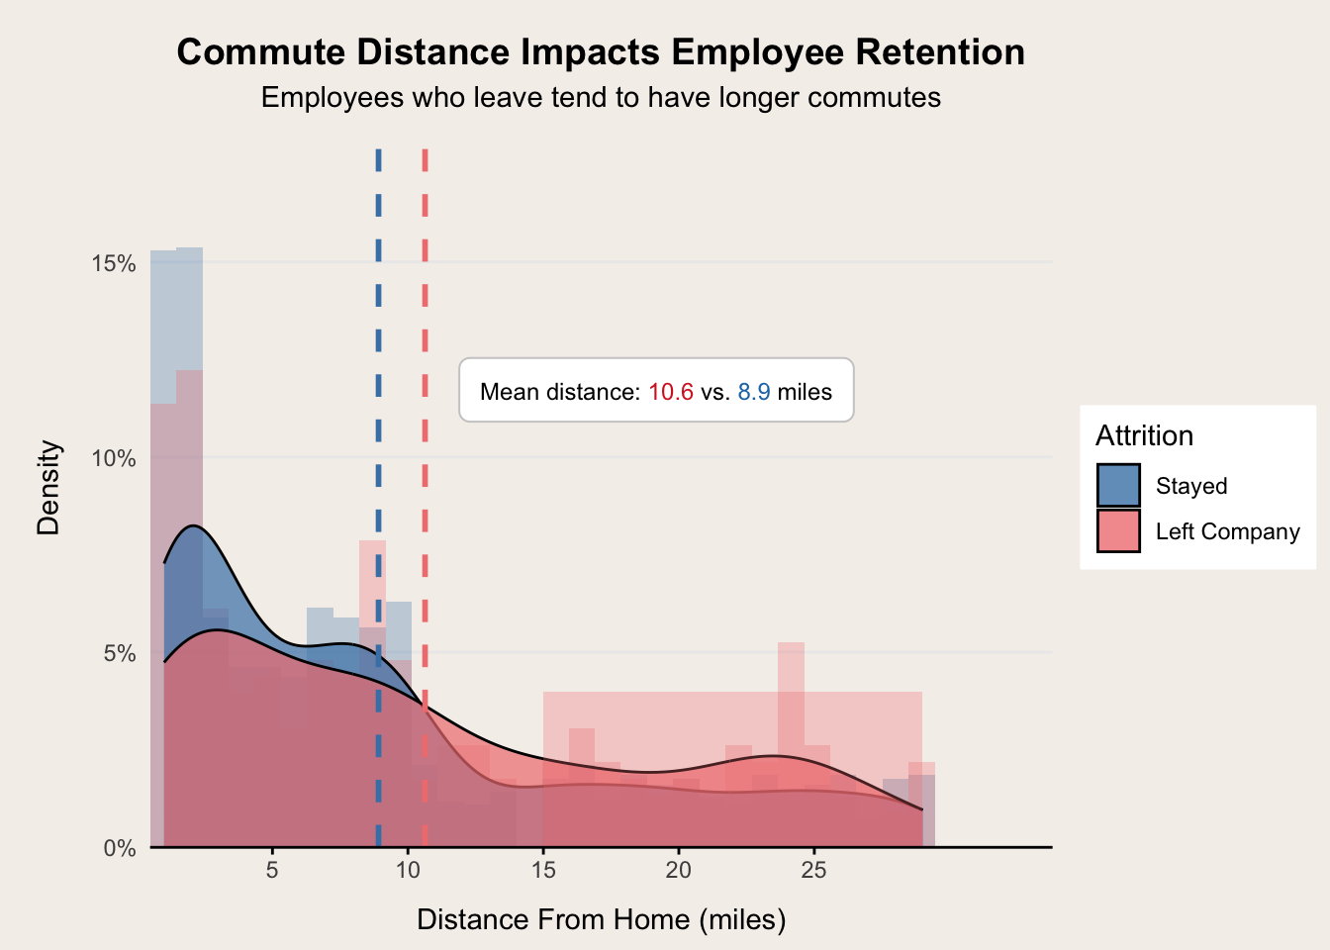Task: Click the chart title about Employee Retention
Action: pyautogui.click(x=601, y=52)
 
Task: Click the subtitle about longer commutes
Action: pyautogui.click(x=601, y=98)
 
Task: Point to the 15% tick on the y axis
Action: pyautogui.click(x=113, y=263)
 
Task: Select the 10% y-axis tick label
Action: pyautogui.click(x=113, y=458)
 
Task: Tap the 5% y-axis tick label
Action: pyautogui.click(x=119, y=653)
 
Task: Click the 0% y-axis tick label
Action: pyautogui.click(x=119, y=848)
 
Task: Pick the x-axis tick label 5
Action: pyautogui.click(x=272, y=871)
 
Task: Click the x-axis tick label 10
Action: pyautogui.click(x=408, y=871)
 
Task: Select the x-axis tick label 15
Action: pyautogui.click(x=543, y=871)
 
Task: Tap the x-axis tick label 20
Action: pyautogui.click(x=678, y=871)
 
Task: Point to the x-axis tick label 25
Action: pyautogui.click(x=813, y=871)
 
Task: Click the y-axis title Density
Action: pyautogui.click(x=48, y=488)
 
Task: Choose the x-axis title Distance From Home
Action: pyautogui.click(x=601, y=919)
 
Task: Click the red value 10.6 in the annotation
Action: pyautogui.click(x=671, y=392)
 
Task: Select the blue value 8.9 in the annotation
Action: pyautogui.click(x=754, y=392)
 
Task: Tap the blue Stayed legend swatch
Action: pyautogui.click(x=1118, y=486)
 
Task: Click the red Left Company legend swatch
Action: pyautogui.click(x=1118, y=531)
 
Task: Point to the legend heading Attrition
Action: pyautogui.click(x=1144, y=436)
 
